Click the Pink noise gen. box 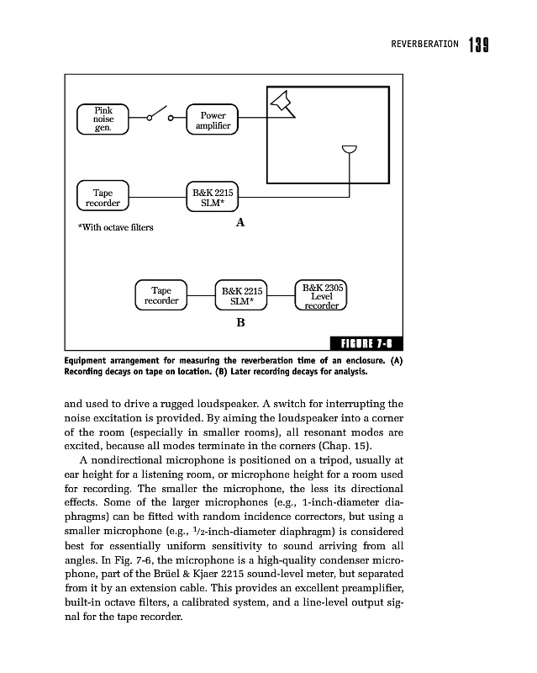pyautogui.click(x=103, y=119)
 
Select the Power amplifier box pyautogui.click(x=212, y=120)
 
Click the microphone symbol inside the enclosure pyautogui.click(x=350, y=150)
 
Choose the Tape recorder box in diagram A pyautogui.click(x=103, y=198)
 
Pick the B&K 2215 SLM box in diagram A pyautogui.click(x=212, y=198)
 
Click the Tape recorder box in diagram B pyautogui.click(x=161, y=295)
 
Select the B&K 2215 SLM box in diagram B pyautogui.click(x=241, y=295)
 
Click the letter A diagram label pyautogui.click(x=240, y=223)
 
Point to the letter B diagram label pyautogui.click(x=240, y=322)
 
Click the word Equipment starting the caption pyautogui.click(x=90, y=361)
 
